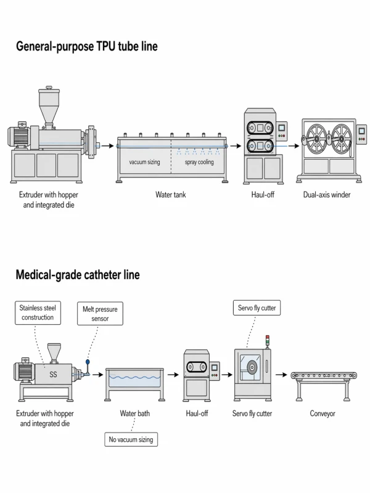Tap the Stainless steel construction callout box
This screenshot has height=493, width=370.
click(36, 313)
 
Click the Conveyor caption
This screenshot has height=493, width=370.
click(322, 414)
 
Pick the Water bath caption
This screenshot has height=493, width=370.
click(134, 414)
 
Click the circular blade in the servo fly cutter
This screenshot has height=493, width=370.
click(252, 371)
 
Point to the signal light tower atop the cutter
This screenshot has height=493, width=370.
click(267, 341)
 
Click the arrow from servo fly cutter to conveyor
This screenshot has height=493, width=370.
click(281, 374)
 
